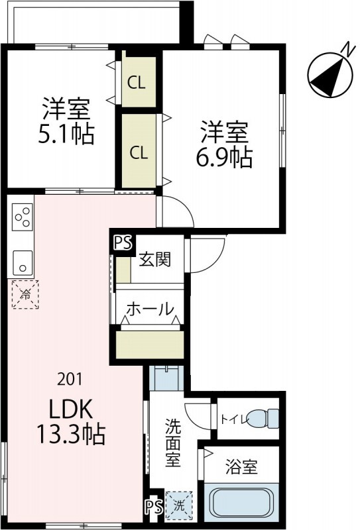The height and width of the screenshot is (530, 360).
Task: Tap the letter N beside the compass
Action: [x=346, y=48]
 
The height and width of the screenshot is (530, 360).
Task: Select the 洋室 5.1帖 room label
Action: [x=66, y=121]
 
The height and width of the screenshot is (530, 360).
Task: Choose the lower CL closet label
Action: [x=138, y=152]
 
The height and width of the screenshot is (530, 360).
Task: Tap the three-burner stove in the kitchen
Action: [x=21, y=217]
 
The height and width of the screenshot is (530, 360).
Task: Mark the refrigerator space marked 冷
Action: [x=24, y=294]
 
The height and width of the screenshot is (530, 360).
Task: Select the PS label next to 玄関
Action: [x=122, y=243]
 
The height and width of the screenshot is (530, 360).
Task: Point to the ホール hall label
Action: [x=150, y=309]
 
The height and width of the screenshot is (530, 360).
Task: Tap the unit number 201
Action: [x=70, y=379]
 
